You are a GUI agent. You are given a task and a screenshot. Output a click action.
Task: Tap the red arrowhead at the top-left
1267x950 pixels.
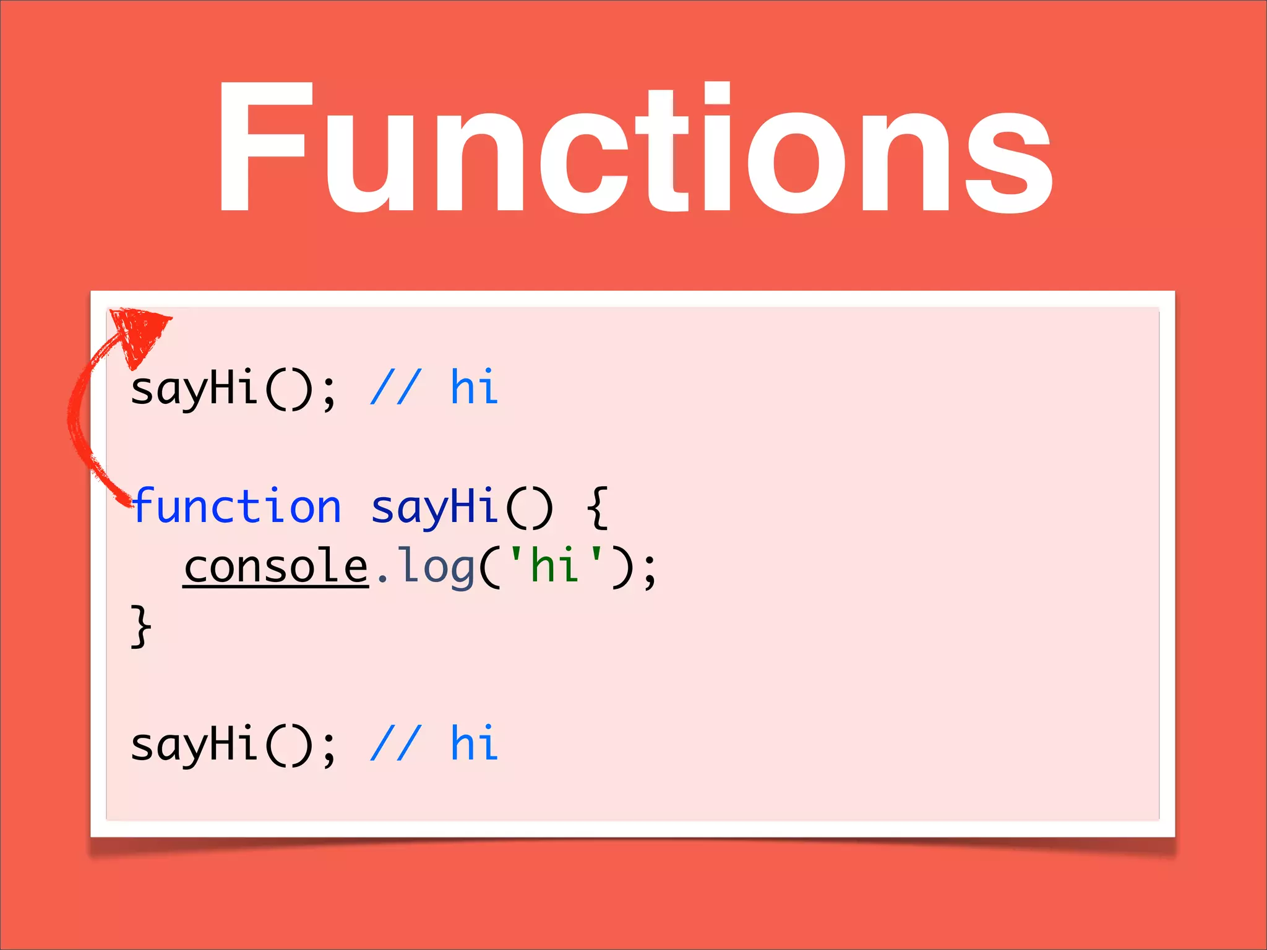click(139, 331)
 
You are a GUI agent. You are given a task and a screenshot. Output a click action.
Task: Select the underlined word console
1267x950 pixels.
click(276, 566)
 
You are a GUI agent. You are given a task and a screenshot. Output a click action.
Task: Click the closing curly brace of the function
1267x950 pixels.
click(141, 627)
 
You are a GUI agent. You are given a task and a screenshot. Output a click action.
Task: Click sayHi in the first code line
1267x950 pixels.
click(194, 388)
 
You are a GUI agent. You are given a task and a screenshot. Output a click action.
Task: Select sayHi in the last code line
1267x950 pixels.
click(194, 744)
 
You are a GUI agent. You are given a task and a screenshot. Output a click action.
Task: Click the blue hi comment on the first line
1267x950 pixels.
click(474, 388)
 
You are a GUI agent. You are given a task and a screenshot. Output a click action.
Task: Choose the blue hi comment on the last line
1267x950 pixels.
click(474, 744)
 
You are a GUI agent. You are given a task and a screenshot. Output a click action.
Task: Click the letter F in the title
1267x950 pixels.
click(263, 148)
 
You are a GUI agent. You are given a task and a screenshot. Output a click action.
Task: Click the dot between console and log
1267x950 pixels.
click(382, 580)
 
